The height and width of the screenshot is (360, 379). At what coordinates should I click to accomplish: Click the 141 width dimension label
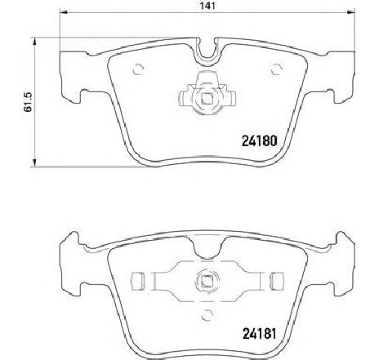(x=207, y=6)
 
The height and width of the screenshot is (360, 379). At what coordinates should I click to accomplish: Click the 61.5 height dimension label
(x=28, y=102)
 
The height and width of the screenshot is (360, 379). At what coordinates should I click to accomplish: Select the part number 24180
(x=260, y=141)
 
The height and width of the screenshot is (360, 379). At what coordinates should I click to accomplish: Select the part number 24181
(x=260, y=334)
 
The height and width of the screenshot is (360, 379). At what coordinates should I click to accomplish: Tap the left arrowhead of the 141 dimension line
(x=63, y=11)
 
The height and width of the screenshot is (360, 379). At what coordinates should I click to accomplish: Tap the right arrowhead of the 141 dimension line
(x=351, y=11)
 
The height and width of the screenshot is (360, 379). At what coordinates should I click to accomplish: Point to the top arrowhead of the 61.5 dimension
(x=34, y=42)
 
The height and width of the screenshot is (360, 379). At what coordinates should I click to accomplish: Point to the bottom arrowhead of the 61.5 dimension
(x=34, y=162)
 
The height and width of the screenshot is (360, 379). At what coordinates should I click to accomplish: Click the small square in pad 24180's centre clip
(x=207, y=98)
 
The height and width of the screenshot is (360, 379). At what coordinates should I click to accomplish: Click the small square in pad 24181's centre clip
(x=207, y=281)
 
